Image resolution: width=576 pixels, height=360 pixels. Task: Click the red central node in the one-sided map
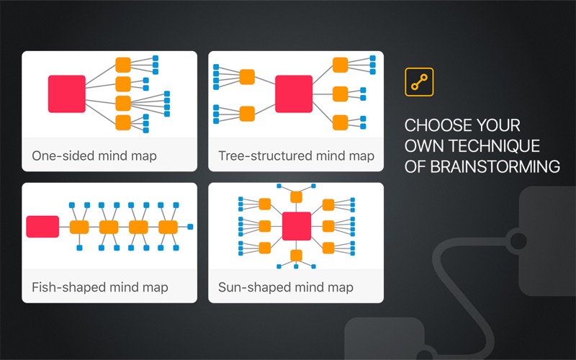click(67, 94)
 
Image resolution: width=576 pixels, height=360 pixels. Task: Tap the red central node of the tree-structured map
click(294, 94)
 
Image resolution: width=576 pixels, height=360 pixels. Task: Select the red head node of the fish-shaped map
click(42, 227)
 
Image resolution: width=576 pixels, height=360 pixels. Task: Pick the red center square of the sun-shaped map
click(296, 226)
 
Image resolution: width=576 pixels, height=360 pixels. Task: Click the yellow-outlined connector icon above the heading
click(419, 82)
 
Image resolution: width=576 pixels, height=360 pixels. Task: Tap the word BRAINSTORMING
click(495, 167)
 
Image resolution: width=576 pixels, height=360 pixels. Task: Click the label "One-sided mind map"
click(94, 156)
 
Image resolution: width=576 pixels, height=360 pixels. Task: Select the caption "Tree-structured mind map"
click(296, 156)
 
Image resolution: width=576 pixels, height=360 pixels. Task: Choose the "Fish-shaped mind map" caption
click(100, 287)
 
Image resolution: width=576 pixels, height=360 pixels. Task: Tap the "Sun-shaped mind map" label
click(286, 287)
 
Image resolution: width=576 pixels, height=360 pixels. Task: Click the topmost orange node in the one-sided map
click(123, 64)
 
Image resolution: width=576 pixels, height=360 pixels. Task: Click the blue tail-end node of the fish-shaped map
click(190, 227)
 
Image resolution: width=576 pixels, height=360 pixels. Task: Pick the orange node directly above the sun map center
click(296, 197)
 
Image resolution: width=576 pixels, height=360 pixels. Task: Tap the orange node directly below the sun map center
click(296, 255)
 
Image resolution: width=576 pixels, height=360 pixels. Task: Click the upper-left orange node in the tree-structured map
click(247, 76)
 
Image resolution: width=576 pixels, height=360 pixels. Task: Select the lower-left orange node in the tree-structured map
click(247, 113)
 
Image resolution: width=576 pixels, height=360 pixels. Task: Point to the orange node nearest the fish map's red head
click(79, 227)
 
